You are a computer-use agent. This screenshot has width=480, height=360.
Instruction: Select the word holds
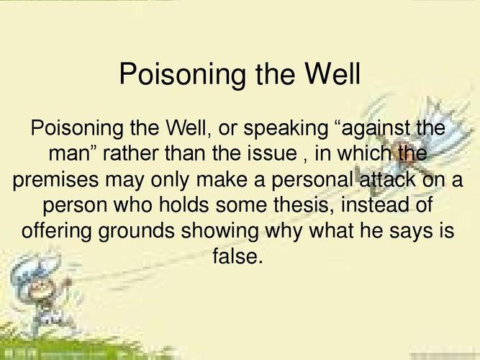[x=170, y=205]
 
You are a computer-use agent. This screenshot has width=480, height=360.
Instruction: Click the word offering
[x=62, y=230]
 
